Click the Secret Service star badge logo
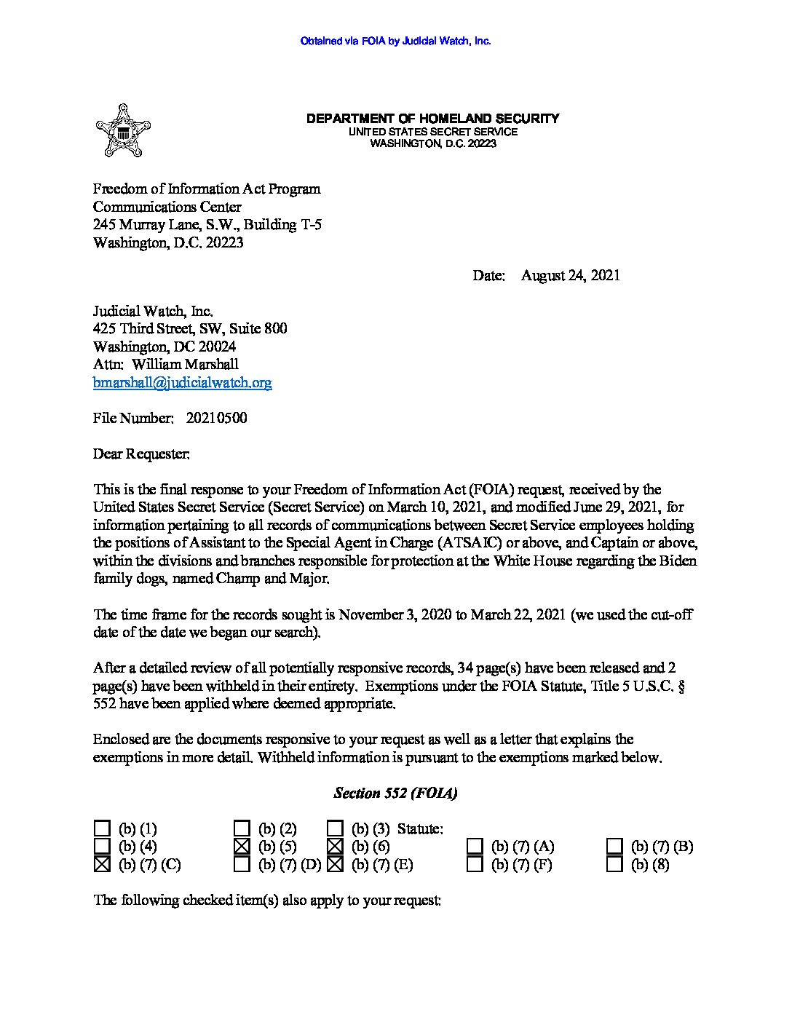[122, 131]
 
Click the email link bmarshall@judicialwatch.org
[182, 383]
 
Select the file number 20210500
[216, 418]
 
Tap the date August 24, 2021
[570, 275]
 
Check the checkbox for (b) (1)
[102, 828]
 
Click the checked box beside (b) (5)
[242, 846]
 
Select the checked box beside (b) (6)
[335, 846]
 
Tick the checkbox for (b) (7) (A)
[475, 846]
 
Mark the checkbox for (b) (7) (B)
[614, 846]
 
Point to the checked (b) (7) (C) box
[102, 864]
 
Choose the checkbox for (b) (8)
[614, 864]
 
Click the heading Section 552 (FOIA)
[395, 793]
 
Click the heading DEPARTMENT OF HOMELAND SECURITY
[432, 118]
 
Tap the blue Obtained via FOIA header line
[395, 41]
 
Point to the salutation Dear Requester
[141, 454]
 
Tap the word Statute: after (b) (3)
[420, 828]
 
